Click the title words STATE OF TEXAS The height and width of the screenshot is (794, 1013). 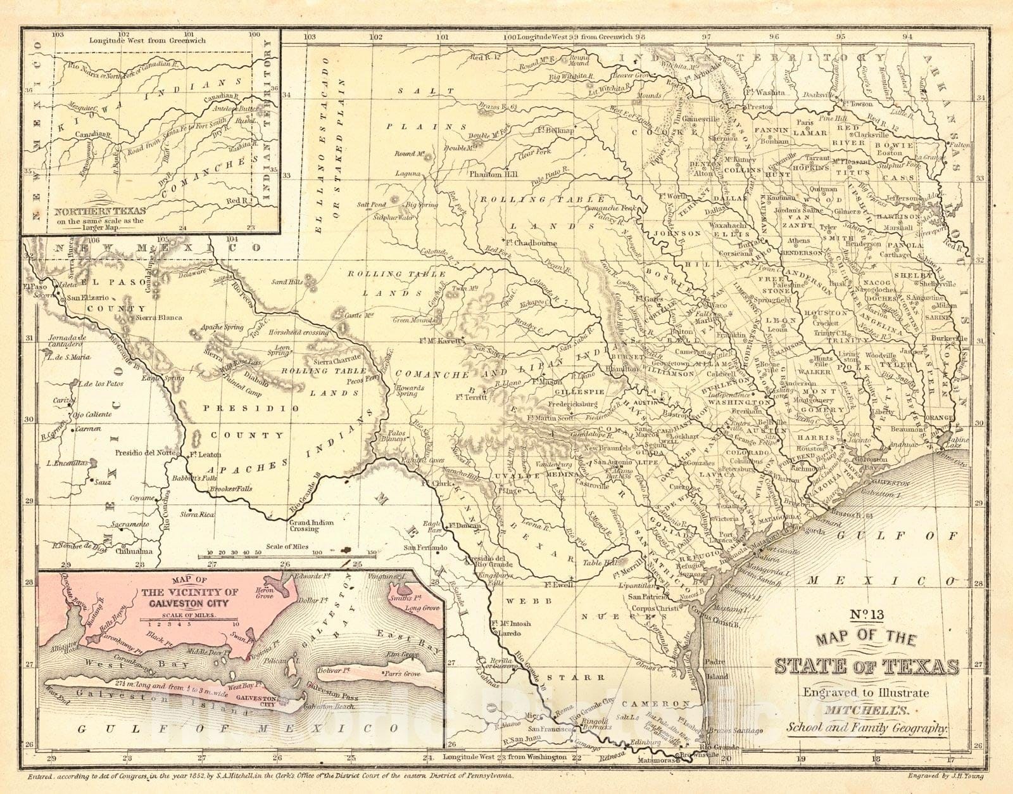866,667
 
